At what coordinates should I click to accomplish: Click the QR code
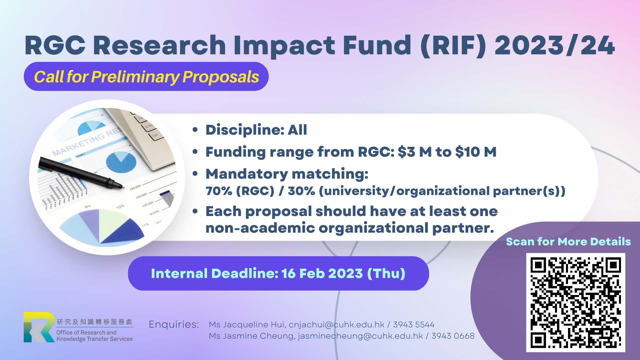[x=576, y=303]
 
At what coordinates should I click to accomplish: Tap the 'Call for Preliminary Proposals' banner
[x=146, y=76]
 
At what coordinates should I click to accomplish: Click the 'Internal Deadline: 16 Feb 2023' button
[x=278, y=273]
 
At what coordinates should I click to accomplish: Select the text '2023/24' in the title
[x=555, y=45]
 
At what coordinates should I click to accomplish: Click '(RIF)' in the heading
[x=454, y=45]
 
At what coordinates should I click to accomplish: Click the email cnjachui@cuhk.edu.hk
[x=336, y=325]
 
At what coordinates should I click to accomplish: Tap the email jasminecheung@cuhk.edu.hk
[x=360, y=336]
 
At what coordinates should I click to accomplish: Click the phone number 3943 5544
[x=414, y=325]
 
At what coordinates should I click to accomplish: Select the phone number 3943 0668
[x=453, y=336]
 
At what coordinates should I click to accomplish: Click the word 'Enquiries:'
[x=174, y=324]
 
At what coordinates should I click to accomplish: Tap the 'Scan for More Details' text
[x=568, y=241]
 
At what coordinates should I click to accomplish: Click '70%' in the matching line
[x=219, y=191]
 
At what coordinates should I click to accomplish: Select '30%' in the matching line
[x=301, y=191]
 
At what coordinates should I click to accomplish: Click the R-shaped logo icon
[x=39, y=327]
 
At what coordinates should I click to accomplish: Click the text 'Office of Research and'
[x=86, y=332]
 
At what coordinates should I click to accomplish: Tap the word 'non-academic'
[x=260, y=228]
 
